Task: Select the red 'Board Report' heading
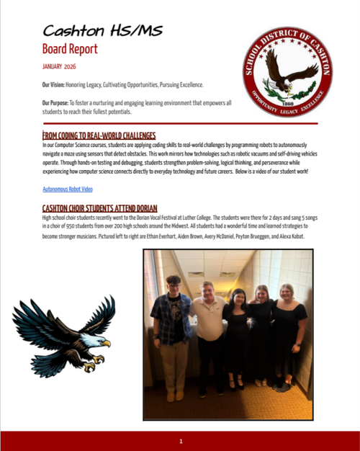pos(69,49)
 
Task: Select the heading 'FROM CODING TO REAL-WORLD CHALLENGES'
pos(99,135)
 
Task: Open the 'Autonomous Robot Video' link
pos(68,189)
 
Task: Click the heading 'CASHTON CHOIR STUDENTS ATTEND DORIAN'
pos(99,207)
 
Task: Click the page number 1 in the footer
pos(181,440)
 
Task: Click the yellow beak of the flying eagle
pos(106,343)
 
